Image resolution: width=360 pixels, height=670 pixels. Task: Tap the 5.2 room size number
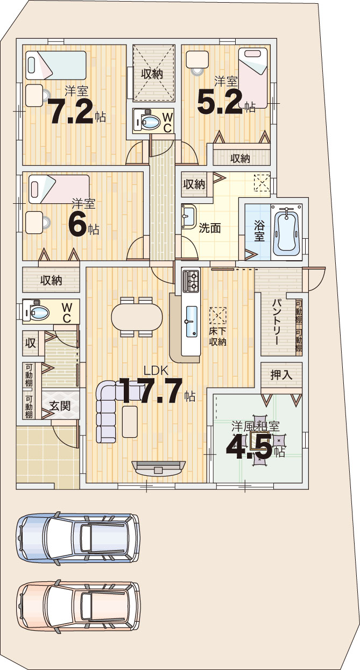219,102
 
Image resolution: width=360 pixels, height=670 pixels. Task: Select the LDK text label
156,371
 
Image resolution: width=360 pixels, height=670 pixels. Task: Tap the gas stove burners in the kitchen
191,281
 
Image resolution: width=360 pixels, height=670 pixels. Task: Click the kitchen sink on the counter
192,321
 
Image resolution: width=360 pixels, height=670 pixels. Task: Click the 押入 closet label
281,375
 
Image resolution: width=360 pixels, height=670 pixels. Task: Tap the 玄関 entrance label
60,406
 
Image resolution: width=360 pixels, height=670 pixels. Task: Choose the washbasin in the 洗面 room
189,216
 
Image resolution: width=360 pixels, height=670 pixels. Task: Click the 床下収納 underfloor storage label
217,337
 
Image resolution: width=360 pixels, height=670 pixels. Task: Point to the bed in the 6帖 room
59,190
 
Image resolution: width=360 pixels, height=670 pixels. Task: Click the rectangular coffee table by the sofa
130,422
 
